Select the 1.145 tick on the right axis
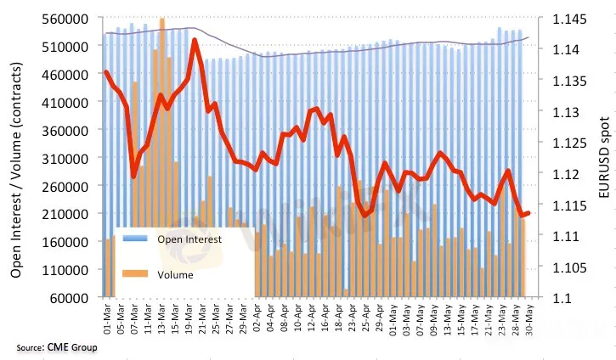pos(565,19)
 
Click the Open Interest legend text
pos(189,239)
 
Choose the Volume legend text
pos(175,274)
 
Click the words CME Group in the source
pos(72,348)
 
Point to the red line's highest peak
pos(196,40)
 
